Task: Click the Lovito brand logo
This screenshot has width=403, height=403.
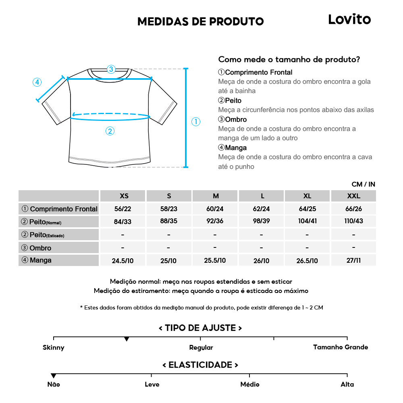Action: [349, 19]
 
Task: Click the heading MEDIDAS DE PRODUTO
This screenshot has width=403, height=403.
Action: [201, 21]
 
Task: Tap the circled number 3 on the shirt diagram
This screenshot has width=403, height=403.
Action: [111, 69]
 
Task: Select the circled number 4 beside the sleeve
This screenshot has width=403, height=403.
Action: [37, 82]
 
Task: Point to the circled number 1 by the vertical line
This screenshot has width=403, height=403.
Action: [196, 122]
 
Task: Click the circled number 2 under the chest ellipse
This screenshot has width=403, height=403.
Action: [110, 131]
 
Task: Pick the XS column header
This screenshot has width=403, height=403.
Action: [124, 196]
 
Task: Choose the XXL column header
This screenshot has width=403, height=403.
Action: [353, 196]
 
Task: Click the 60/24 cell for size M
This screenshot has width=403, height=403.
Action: [215, 209]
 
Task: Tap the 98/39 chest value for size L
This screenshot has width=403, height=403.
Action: [262, 221]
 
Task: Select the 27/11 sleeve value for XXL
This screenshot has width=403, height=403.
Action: [353, 260]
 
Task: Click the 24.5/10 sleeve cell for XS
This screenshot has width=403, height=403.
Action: [123, 261]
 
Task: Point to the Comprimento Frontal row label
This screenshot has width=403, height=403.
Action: [59, 209]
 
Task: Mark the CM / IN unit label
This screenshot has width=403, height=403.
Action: [363, 184]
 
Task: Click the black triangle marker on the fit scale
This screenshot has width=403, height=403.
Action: [127, 339]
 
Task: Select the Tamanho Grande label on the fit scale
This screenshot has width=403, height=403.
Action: [341, 347]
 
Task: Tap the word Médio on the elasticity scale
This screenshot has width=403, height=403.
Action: [250, 384]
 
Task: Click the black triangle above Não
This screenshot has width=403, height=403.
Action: [54, 376]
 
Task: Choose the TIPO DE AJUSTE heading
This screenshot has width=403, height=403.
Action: [200, 328]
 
